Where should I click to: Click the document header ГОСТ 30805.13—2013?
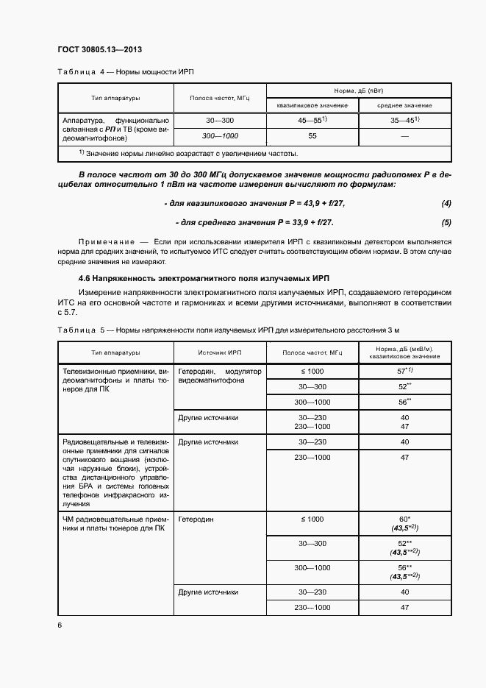tap(99, 50)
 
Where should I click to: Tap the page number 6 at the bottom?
tap(60, 625)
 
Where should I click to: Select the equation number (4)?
tap(446, 202)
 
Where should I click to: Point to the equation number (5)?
tap(446, 222)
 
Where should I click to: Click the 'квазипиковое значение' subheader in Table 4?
tap(312, 106)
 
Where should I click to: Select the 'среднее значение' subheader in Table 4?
tap(404, 106)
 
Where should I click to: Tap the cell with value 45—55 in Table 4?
tap(312, 120)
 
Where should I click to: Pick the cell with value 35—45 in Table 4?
tap(404, 120)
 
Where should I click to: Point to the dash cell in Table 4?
tap(404, 136)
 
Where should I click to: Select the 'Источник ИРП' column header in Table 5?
tap(219, 352)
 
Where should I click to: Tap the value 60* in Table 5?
tap(404, 519)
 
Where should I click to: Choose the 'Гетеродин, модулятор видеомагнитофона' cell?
tap(219, 376)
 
